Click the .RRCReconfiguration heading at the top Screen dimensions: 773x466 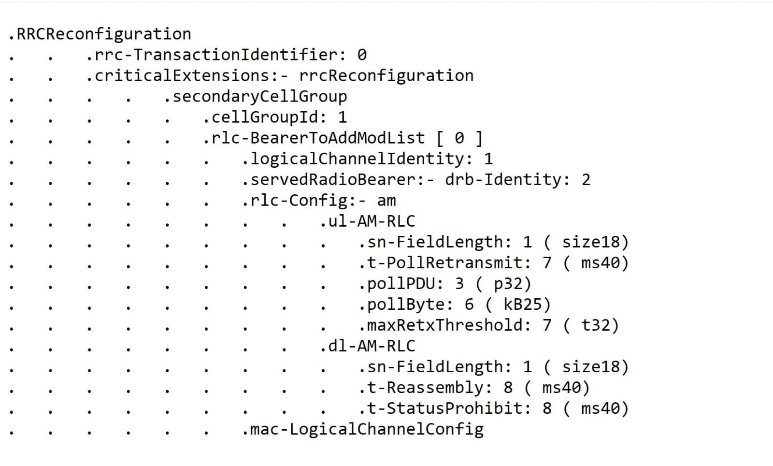coord(100,34)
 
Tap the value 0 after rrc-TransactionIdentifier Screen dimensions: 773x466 coord(362,55)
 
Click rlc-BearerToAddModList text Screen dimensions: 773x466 coord(318,138)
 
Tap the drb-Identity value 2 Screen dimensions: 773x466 coord(586,180)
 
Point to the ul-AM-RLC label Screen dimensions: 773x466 coord(372,221)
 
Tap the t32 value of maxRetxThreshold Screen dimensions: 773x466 coord(596,325)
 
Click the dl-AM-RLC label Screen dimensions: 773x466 coord(372,346)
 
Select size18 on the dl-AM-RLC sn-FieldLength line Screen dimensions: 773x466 coord(591,367)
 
